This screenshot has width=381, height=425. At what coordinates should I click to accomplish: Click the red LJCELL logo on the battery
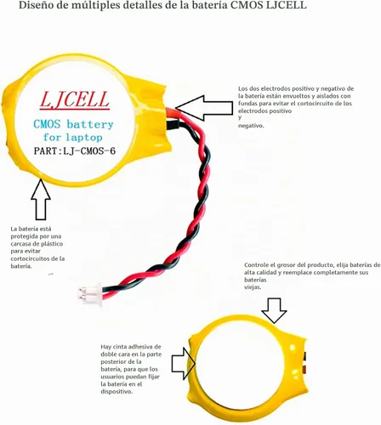(x=75, y=100)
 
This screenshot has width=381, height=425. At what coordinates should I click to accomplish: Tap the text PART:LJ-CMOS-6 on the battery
(x=75, y=150)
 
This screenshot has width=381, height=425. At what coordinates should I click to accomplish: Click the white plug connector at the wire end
(x=90, y=294)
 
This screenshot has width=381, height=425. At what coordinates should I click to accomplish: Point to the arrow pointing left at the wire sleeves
(x=203, y=108)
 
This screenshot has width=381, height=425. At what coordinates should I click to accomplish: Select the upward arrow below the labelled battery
(x=41, y=200)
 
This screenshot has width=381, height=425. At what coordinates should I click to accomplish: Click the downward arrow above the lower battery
(x=274, y=310)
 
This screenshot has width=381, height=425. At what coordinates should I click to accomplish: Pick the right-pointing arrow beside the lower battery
(x=184, y=364)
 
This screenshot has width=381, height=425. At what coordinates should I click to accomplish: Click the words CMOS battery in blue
(x=73, y=124)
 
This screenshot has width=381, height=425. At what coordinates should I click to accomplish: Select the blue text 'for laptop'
(x=73, y=138)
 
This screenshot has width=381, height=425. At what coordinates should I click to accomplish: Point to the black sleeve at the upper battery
(x=173, y=124)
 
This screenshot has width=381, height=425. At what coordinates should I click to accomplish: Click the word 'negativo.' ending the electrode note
(x=251, y=126)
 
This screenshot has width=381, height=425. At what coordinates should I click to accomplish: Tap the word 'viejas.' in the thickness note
(x=253, y=287)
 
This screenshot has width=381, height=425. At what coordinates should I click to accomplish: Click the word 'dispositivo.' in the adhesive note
(x=117, y=392)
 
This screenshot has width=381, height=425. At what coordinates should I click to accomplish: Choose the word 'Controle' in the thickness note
(x=256, y=265)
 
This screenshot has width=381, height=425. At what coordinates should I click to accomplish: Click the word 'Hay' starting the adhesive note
(x=105, y=347)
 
